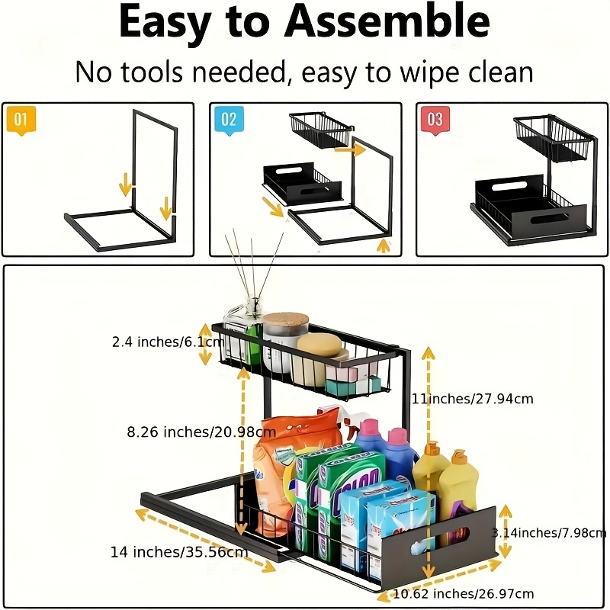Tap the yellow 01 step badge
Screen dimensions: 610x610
[x=21, y=120]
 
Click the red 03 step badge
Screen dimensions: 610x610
[x=434, y=120]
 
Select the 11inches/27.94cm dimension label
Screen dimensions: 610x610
[x=472, y=398]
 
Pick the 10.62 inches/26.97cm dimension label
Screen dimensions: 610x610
[x=463, y=593]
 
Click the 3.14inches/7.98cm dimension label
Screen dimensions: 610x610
[x=549, y=532]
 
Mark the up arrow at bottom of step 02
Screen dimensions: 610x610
[x=384, y=246]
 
